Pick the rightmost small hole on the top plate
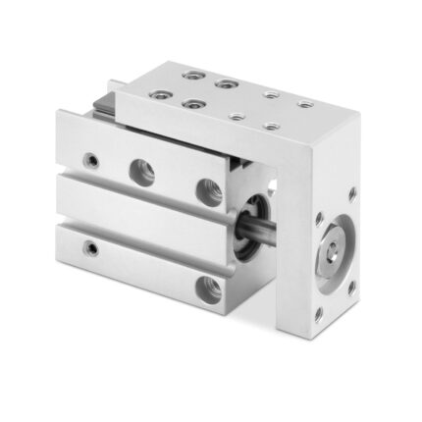coord(305,104)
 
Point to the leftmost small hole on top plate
coord(236,116)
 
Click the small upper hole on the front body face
coord(91,157)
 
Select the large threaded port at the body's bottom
coord(209,289)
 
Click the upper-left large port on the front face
coord(142,172)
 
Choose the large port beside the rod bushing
coord(209,190)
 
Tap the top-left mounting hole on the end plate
coord(319,218)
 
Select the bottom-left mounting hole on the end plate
coord(318,314)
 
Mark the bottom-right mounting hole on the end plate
coord(351,288)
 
